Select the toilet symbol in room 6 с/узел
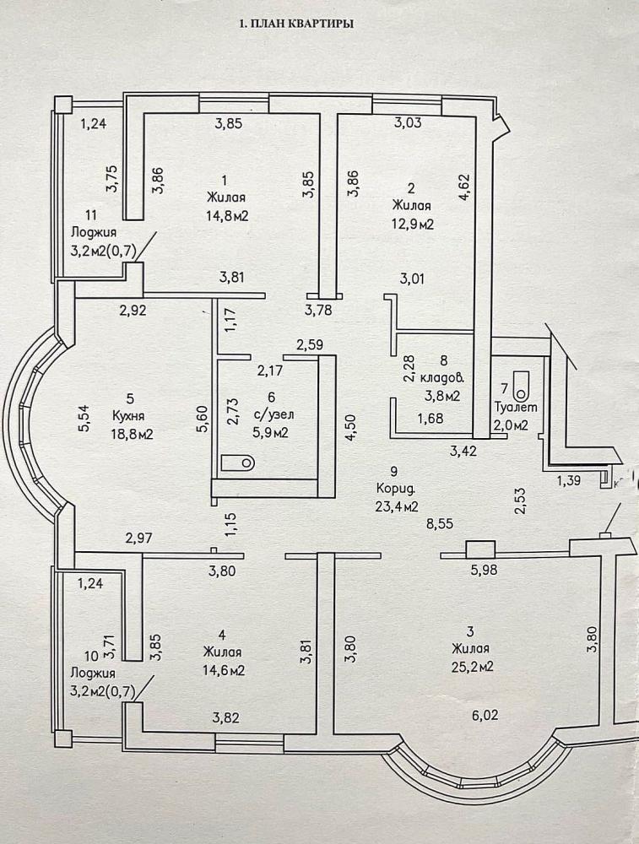pos(238,462)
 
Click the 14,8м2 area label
pos(226,216)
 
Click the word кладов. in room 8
pos(440,378)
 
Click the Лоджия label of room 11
pos(94,232)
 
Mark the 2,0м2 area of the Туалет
pos(511,425)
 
